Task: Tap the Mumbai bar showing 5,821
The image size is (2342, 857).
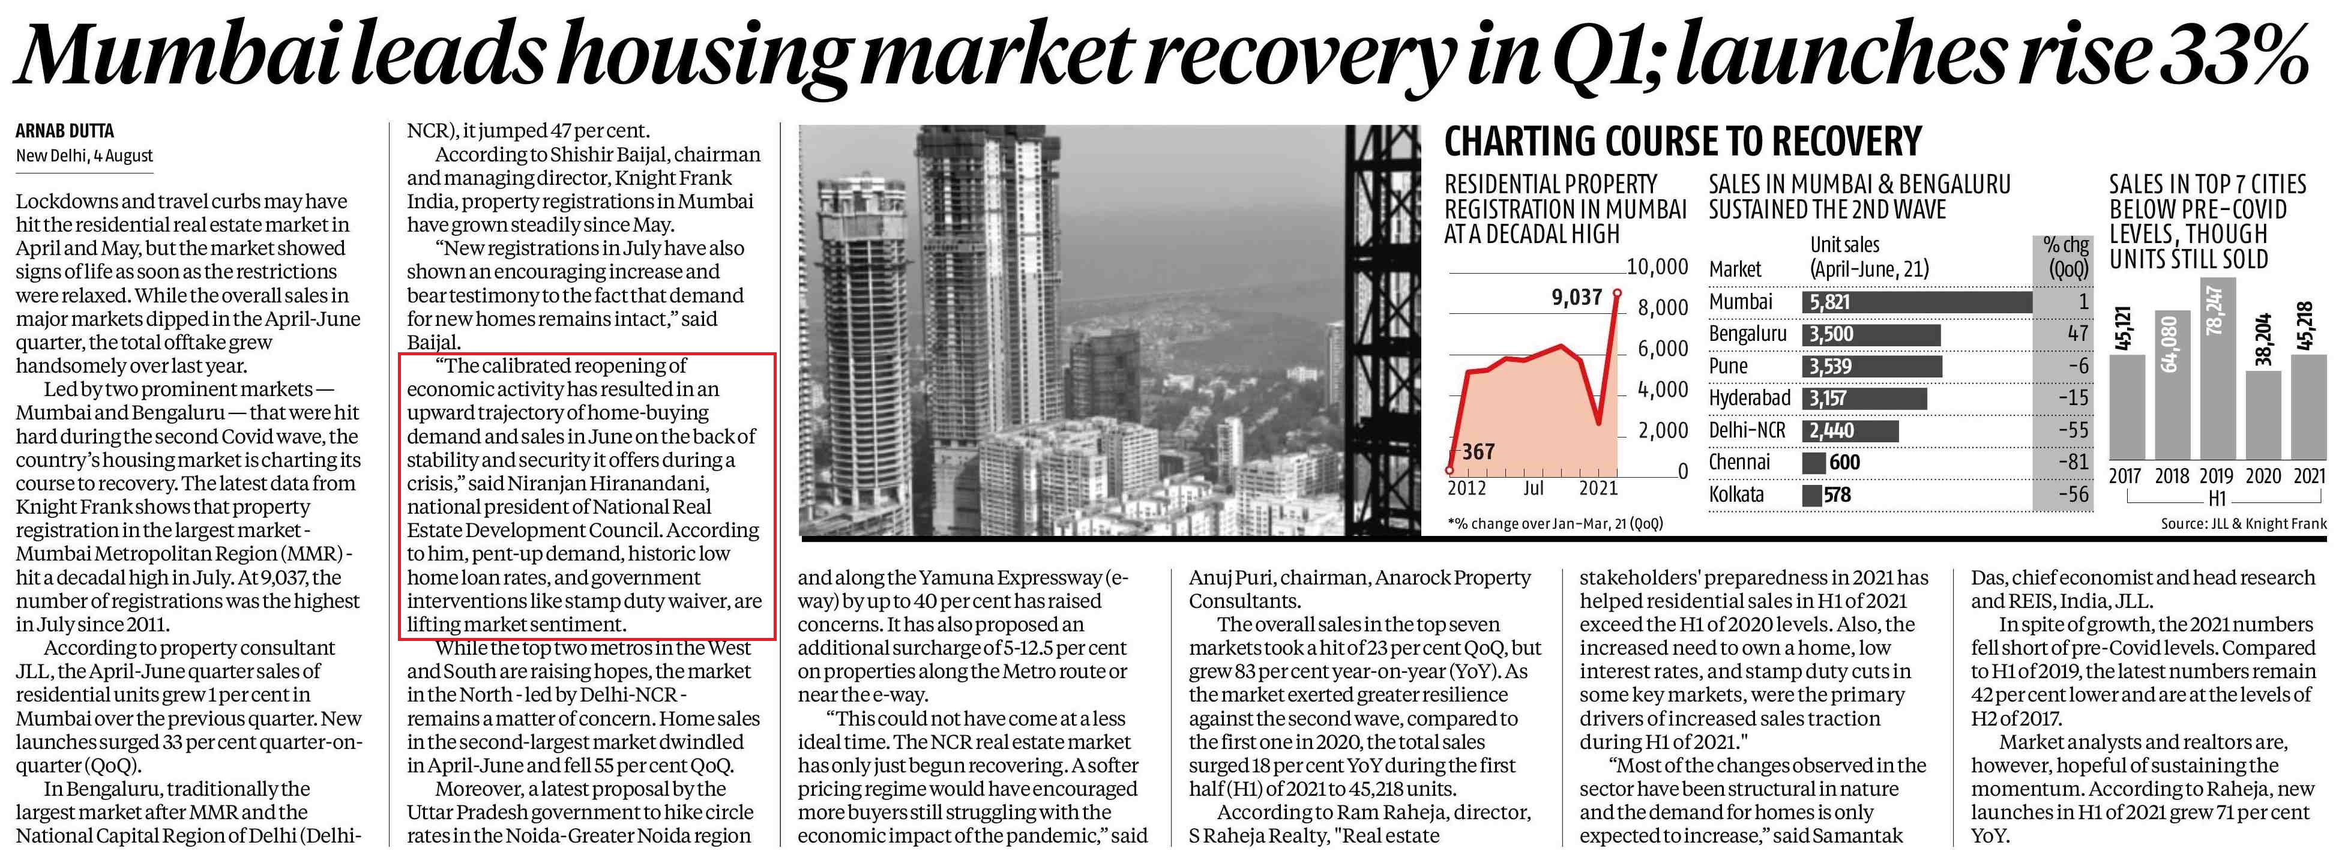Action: tap(1916, 302)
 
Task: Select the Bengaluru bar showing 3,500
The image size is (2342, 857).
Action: tap(1870, 334)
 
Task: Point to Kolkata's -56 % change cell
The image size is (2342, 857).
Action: tap(2070, 495)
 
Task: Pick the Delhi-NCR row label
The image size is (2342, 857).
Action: tap(1747, 430)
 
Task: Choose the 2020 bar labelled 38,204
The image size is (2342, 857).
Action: tap(2262, 413)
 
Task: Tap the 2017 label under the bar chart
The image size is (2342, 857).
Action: tap(2125, 477)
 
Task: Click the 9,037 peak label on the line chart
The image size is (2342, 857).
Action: tap(1577, 297)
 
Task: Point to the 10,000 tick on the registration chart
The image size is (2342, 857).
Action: tap(1657, 267)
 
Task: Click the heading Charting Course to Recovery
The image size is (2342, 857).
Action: tap(1683, 143)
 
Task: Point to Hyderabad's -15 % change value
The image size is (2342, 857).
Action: tap(2072, 398)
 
